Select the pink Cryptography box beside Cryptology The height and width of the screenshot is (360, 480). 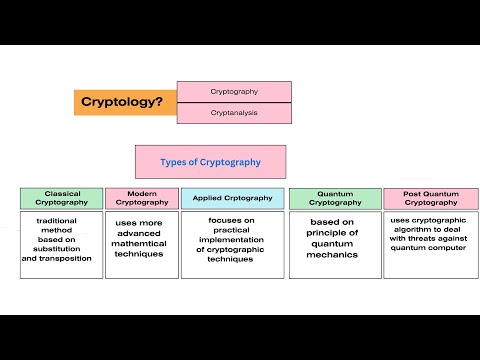[x=234, y=91]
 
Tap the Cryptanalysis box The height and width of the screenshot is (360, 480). [x=234, y=113]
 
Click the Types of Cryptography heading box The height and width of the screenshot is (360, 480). [x=210, y=162]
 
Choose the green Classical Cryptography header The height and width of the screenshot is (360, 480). [x=61, y=198]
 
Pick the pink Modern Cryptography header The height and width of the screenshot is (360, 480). [x=141, y=198]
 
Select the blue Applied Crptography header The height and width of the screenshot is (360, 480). [x=232, y=198]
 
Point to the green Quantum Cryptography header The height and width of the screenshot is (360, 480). [x=334, y=198]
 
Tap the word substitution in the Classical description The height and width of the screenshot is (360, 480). [x=61, y=249]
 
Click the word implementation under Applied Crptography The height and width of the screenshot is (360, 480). [x=232, y=240]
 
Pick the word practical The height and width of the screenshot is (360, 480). [x=232, y=230]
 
